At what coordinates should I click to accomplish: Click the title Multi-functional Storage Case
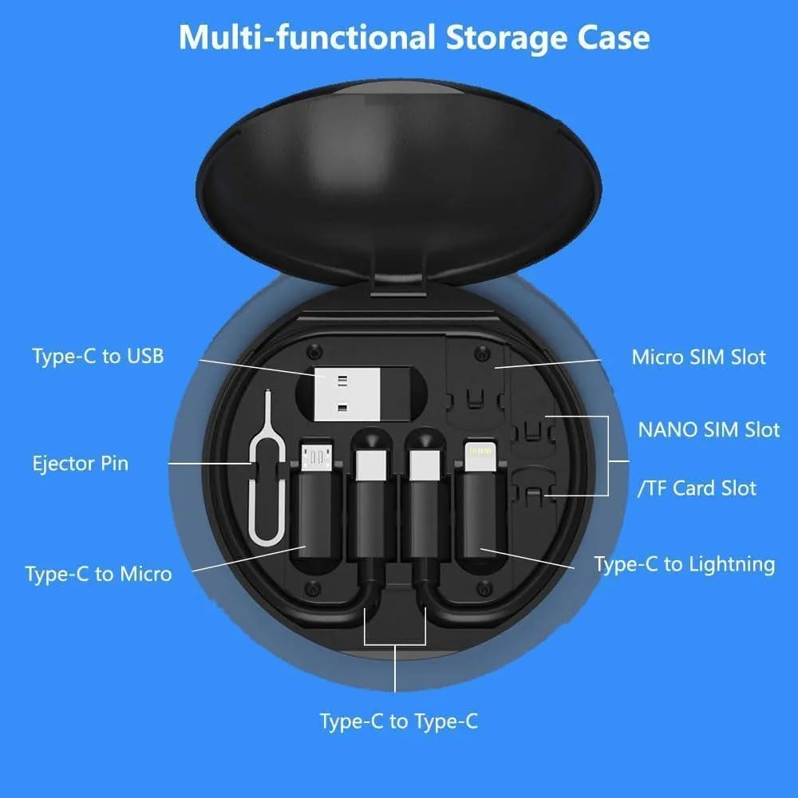click(413, 38)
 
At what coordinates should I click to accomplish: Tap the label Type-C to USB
click(98, 356)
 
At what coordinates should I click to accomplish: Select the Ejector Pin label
click(80, 463)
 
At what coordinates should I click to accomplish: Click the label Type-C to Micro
click(98, 573)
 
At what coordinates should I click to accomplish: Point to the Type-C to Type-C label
click(399, 721)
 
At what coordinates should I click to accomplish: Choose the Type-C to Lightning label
click(684, 564)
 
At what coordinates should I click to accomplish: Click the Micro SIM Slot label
click(698, 357)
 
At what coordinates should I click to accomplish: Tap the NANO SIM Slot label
click(708, 429)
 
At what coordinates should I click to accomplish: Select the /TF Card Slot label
click(697, 488)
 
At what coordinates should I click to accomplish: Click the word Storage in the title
click(507, 38)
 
